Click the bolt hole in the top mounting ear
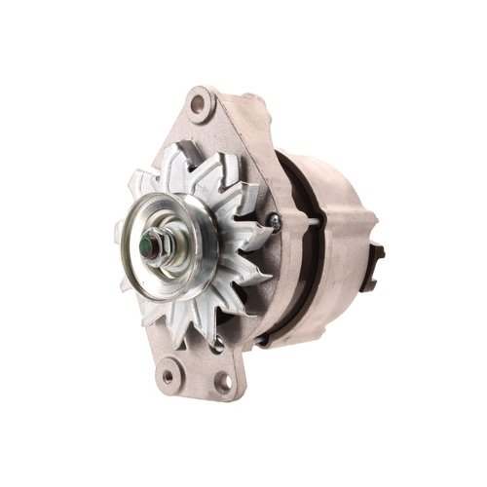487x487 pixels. point(201,101)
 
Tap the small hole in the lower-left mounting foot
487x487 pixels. point(168,373)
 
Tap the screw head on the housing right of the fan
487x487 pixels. point(275,222)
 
